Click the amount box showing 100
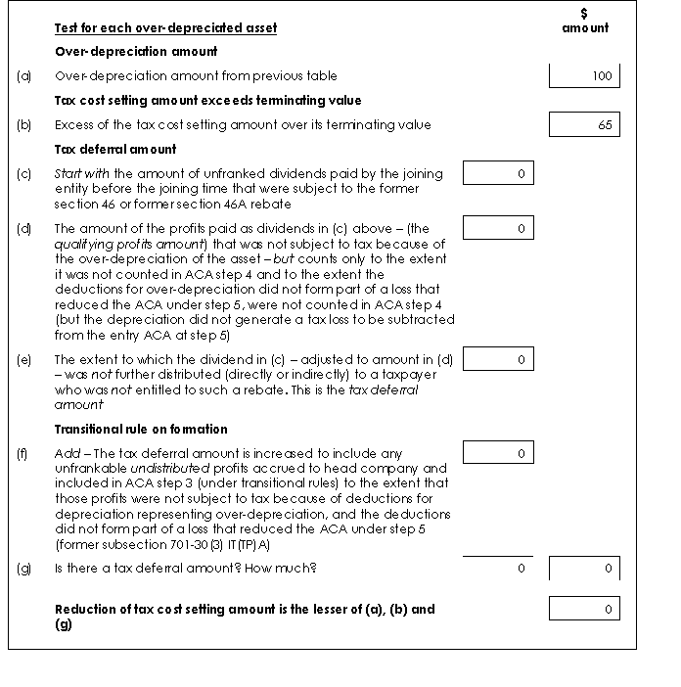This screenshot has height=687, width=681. pos(584,75)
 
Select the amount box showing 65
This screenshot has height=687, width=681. pos(584,124)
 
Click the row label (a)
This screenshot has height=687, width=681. pos(24,75)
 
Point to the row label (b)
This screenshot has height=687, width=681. pos(24,124)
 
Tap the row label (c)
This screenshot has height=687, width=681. pos(24,174)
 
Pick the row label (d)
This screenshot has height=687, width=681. pos(24,228)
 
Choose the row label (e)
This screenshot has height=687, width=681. pos(24,359)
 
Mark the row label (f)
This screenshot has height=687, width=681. pos(24,453)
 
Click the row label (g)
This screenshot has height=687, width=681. pos(24,569)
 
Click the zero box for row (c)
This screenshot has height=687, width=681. pos(497,174)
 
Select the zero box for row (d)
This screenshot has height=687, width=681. pos(497,228)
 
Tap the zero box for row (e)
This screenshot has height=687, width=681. pos(497,359)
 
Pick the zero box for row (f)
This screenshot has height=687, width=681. pos(497,453)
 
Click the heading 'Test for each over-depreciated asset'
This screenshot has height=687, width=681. pos(165,27)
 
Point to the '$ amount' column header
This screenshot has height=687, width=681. pos(585,22)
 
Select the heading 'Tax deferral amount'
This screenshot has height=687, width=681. pos(115,149)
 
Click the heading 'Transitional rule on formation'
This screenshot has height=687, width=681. pos(141,429)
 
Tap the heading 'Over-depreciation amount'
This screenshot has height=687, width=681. pos(136,51)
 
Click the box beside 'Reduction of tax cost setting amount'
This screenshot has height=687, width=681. pos(584,609)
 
